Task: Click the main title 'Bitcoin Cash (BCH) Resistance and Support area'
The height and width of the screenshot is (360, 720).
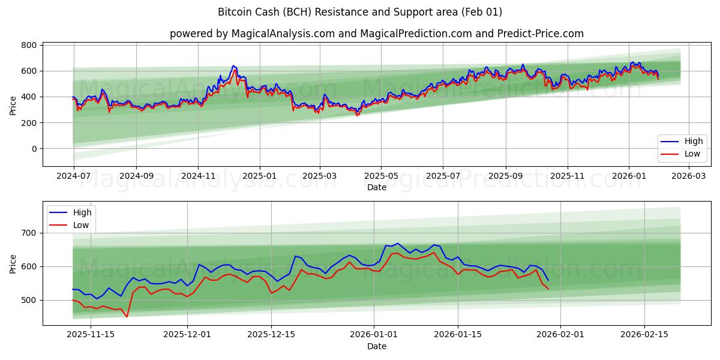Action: (x=360, y=12)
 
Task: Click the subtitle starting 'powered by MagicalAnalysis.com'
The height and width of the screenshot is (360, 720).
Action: (x=377, y=34)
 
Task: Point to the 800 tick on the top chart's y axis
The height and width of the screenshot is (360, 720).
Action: (x=29, y=45)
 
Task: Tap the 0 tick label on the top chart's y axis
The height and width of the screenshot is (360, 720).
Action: (x=34, y=149)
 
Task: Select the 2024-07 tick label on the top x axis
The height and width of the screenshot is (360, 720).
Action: (x=74, y=176)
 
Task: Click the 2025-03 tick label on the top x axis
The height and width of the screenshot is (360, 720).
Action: (x=319, y=176)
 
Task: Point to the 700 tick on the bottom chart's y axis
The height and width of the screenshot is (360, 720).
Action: (x=29, y=233)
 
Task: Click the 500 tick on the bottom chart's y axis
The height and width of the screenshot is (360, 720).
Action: (x=29, y=300)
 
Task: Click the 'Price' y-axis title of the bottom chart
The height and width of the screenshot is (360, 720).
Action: (x=13, y=263)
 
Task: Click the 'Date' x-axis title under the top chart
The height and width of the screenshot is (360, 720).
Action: (x=377, y=187)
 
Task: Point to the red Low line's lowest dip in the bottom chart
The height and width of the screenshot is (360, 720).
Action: (x=127, y=317)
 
